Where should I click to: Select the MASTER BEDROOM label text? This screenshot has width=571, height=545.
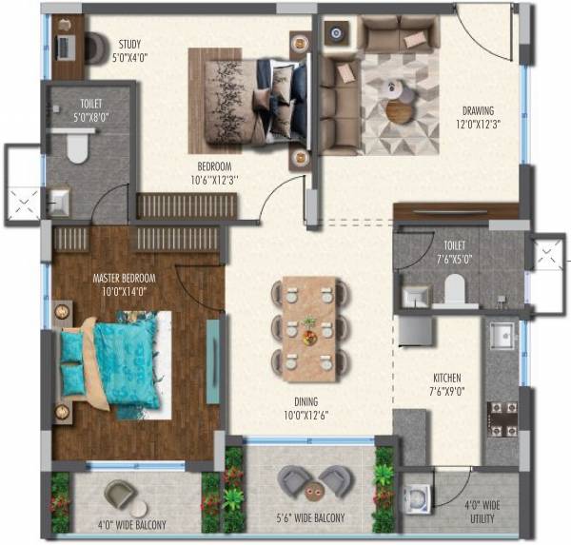coord(124,285)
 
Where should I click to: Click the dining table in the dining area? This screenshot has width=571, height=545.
coord(308,322)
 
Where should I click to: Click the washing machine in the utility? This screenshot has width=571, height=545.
coord(418,498)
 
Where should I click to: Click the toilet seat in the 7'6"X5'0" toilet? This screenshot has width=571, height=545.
coord(454,288)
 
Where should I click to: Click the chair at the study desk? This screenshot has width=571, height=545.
coord(97,48)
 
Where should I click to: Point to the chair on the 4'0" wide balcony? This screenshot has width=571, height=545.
coord(121,494)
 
